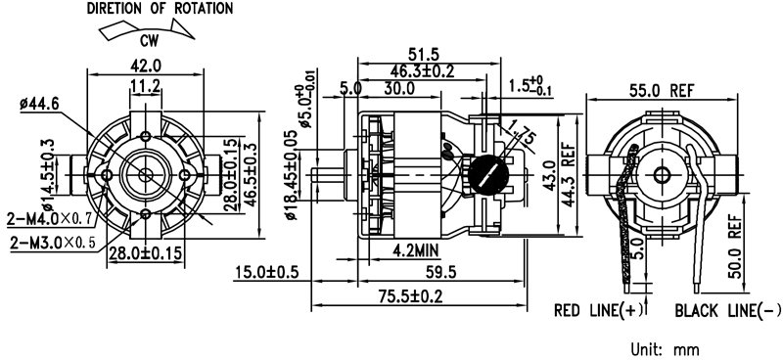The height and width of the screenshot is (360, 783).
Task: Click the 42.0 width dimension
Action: click(146, 66)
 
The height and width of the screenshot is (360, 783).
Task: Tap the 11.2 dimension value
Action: click(145, 86)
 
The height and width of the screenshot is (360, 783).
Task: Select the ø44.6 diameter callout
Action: click(39, 104)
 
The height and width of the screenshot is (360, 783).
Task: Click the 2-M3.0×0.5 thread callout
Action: click(53, 243)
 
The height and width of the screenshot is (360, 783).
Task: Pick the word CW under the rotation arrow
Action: click(149, 41)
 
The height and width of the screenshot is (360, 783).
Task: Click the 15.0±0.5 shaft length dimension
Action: click(266, 273)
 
